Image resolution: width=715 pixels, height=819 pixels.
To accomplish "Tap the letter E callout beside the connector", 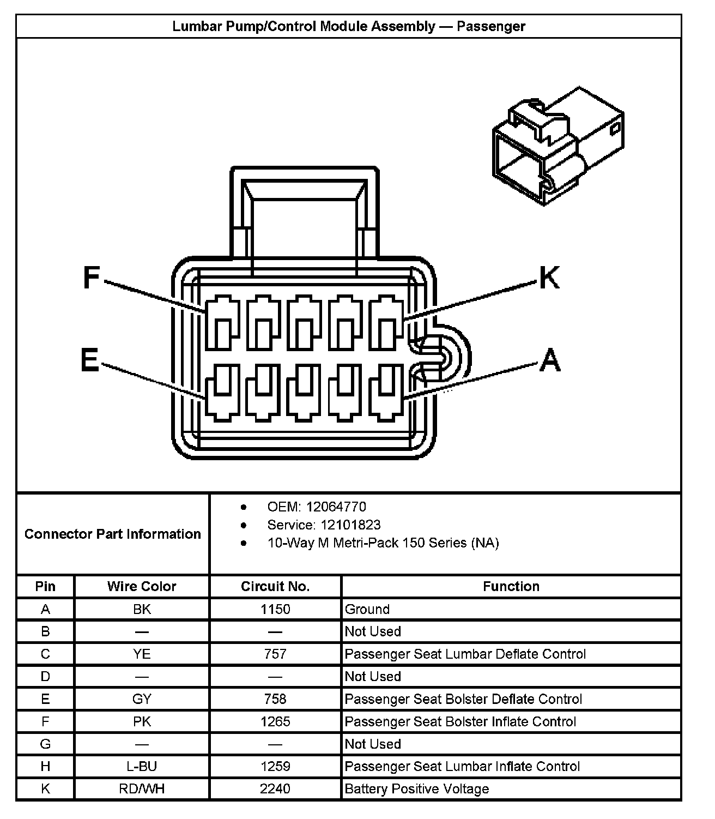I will point(90,360).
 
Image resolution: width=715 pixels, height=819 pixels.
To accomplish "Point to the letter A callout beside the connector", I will point(549,360).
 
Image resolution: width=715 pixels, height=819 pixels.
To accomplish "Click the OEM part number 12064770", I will point(336,507).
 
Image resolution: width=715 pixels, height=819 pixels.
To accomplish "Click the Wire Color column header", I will point(142,586).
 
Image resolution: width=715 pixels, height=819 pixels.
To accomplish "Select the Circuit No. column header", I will point(275,586).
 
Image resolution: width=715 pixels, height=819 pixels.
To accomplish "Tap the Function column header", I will point(511,586).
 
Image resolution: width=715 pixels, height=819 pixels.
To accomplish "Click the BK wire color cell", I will point(142,609).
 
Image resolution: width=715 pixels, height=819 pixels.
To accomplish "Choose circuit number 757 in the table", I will point(275,654).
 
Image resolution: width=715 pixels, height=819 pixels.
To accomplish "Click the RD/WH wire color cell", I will point(142,788).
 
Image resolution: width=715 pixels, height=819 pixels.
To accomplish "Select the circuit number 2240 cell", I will point(275,788).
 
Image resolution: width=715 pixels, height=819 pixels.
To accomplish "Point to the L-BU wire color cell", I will point(142,766).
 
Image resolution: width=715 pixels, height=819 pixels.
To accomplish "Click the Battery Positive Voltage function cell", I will point(417,788).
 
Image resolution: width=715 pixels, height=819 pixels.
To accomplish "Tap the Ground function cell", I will point(367,609).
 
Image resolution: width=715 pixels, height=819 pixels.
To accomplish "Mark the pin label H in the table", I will point(45,766).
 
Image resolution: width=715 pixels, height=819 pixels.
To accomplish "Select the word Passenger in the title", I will point(490,26).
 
